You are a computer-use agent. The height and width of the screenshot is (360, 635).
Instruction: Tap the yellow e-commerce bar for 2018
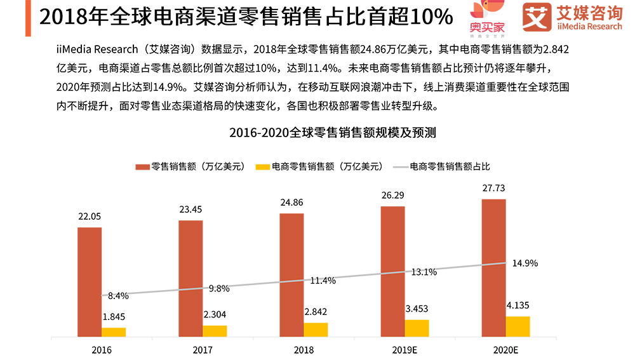point(316,330)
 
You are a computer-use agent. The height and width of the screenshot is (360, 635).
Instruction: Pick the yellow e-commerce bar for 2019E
point(417,328)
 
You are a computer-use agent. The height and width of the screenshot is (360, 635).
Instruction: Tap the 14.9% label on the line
point(526,263)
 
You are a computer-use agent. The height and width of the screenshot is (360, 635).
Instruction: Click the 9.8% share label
point(219,288)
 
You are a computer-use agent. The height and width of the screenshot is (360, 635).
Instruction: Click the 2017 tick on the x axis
point(203,350)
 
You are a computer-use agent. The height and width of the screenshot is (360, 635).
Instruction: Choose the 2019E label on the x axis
point(404,350)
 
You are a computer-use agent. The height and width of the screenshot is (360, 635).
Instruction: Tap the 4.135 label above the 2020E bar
point(518,306)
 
